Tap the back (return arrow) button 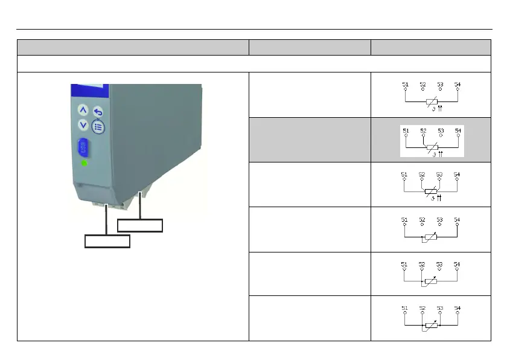point(98,112)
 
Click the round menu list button point(98,127)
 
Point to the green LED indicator point(84,163)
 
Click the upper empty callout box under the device point(140,225)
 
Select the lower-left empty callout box point(107,242)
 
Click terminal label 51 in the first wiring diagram point(405,83)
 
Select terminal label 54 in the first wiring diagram point(458,83)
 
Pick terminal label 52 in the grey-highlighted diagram point(423,130)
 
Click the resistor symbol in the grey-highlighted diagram point(432,147)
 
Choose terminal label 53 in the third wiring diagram point(439,175)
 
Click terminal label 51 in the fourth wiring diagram point(405,219)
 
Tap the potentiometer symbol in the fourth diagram point(431,237)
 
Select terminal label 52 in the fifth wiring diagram point(422,264)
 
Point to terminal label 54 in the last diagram point(458,308)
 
